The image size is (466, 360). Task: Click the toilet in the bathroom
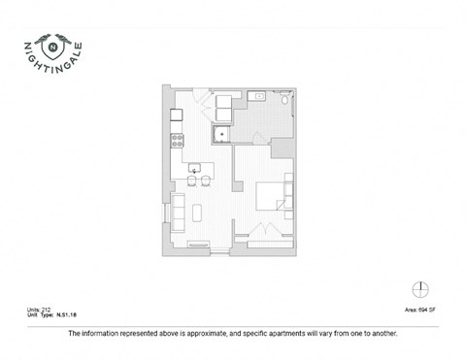point(283,99)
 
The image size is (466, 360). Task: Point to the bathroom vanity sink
point(260,98)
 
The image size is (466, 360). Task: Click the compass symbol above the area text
point(420,290)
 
